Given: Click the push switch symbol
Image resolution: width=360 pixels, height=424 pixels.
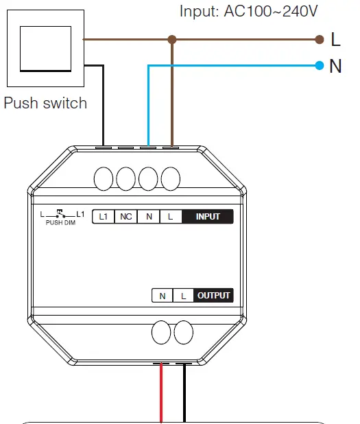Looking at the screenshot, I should click(47, 47).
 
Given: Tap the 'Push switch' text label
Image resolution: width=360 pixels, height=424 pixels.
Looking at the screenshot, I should click(46, 103).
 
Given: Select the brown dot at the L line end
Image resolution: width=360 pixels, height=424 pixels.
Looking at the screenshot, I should click(319, 40).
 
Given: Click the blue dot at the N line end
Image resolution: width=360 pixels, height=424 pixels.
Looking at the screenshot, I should click(319, 66).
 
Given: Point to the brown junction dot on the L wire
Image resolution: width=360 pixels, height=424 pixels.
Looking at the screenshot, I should click(172, 40).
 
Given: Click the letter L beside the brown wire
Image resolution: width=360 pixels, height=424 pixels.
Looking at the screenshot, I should click(335, 40).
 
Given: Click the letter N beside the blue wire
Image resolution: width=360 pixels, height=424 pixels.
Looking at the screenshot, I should click(335, 67).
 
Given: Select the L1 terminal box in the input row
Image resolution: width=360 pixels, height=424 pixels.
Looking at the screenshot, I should click(104, 217).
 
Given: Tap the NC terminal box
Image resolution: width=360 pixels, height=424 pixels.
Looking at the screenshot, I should click(126, 217).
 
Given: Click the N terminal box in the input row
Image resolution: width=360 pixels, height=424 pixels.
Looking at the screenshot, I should click(148, 217).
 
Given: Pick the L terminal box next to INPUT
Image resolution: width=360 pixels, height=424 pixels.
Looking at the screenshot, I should click(171, 217).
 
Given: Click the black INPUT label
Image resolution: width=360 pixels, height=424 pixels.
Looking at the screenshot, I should click(208, 217).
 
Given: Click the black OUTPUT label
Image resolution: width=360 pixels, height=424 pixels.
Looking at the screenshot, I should click(215, 296).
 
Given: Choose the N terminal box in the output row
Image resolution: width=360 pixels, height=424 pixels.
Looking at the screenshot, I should click(163, 296).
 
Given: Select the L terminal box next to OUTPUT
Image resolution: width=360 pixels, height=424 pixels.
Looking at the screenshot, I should click(183, 296).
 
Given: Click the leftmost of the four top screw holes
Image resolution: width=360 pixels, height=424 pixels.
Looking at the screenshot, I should click(104, 179).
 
